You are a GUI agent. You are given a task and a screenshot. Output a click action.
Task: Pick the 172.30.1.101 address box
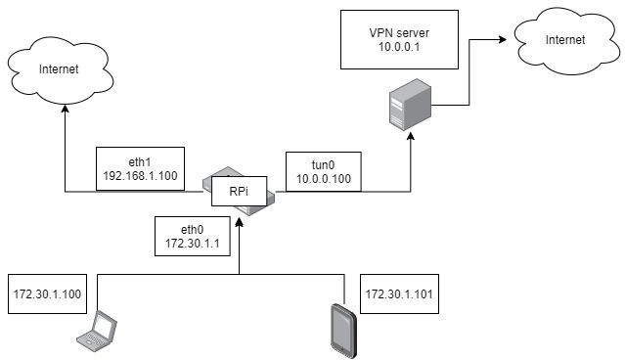[397, 293]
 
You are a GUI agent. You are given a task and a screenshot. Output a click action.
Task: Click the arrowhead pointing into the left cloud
[64, 112]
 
